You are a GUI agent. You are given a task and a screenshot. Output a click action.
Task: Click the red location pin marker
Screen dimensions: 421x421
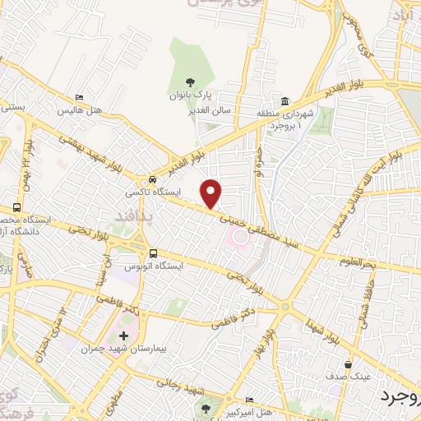[212, 193]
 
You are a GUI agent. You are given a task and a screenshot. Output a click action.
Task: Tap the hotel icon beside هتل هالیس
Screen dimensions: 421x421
[79, 97]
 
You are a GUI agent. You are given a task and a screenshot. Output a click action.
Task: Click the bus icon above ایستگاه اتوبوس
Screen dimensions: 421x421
[154, 252]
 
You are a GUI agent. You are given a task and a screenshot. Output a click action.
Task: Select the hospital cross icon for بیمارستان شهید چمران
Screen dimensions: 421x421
[124, 335]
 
